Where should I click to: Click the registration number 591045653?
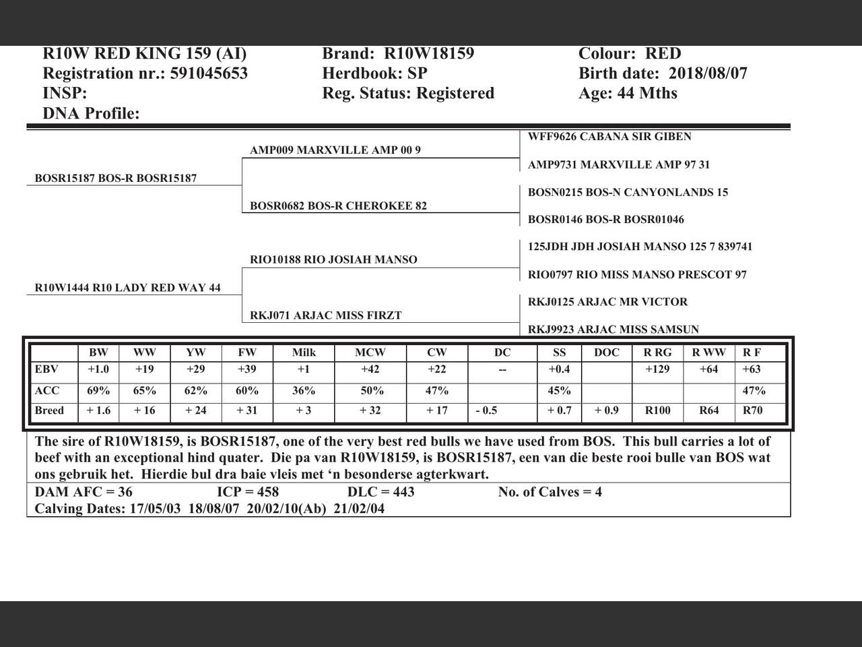[209, 73]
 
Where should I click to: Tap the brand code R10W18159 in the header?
[429, 54]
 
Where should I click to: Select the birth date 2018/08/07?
[708, 73]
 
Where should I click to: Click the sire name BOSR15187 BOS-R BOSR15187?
[116, 179]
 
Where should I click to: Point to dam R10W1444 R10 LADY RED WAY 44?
[128, 288]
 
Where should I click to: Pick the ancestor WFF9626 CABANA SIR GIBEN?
[609, 137]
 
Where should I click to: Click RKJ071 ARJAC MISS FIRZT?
[325, 315]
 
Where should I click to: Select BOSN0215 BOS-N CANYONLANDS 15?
[628, 193]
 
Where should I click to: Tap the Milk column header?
[304, 352]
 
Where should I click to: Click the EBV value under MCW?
[370, 369]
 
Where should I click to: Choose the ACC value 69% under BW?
[98, 391]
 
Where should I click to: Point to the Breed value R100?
[657, 410]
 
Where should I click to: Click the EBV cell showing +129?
[657, 369]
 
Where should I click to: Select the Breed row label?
[49, 410]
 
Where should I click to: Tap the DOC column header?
[607, 352]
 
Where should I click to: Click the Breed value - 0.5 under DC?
[486, 410]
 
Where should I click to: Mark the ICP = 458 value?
[248, 492]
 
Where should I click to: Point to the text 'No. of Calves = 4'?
[550, 492]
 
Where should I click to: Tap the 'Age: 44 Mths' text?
[628, 93]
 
